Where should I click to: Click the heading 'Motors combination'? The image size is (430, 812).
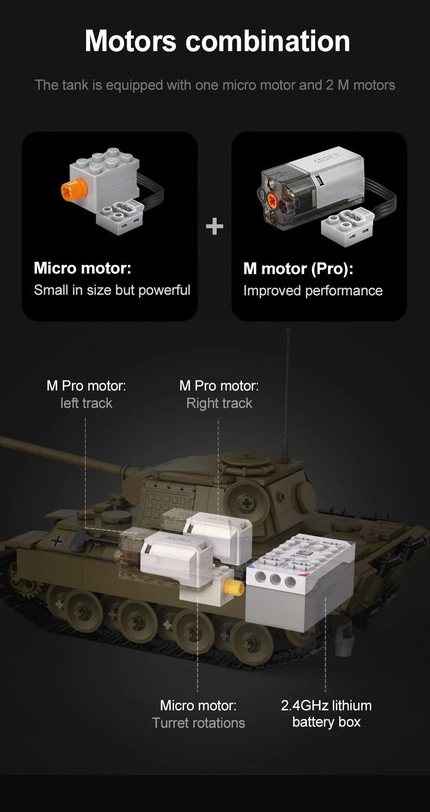217,41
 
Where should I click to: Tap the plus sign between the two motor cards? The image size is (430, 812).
214,226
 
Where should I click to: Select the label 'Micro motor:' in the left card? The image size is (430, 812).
82,268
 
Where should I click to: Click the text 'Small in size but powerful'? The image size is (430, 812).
112,290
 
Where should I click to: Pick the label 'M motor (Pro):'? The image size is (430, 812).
298,269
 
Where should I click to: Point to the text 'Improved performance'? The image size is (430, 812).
312,291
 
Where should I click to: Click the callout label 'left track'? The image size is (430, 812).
86,404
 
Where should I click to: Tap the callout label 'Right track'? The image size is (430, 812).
219,404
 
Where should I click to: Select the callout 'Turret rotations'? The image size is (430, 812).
198,723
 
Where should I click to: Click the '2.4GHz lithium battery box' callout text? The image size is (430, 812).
326,714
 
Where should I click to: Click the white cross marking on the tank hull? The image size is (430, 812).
56,542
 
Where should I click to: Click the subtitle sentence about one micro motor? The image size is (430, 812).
214,85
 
